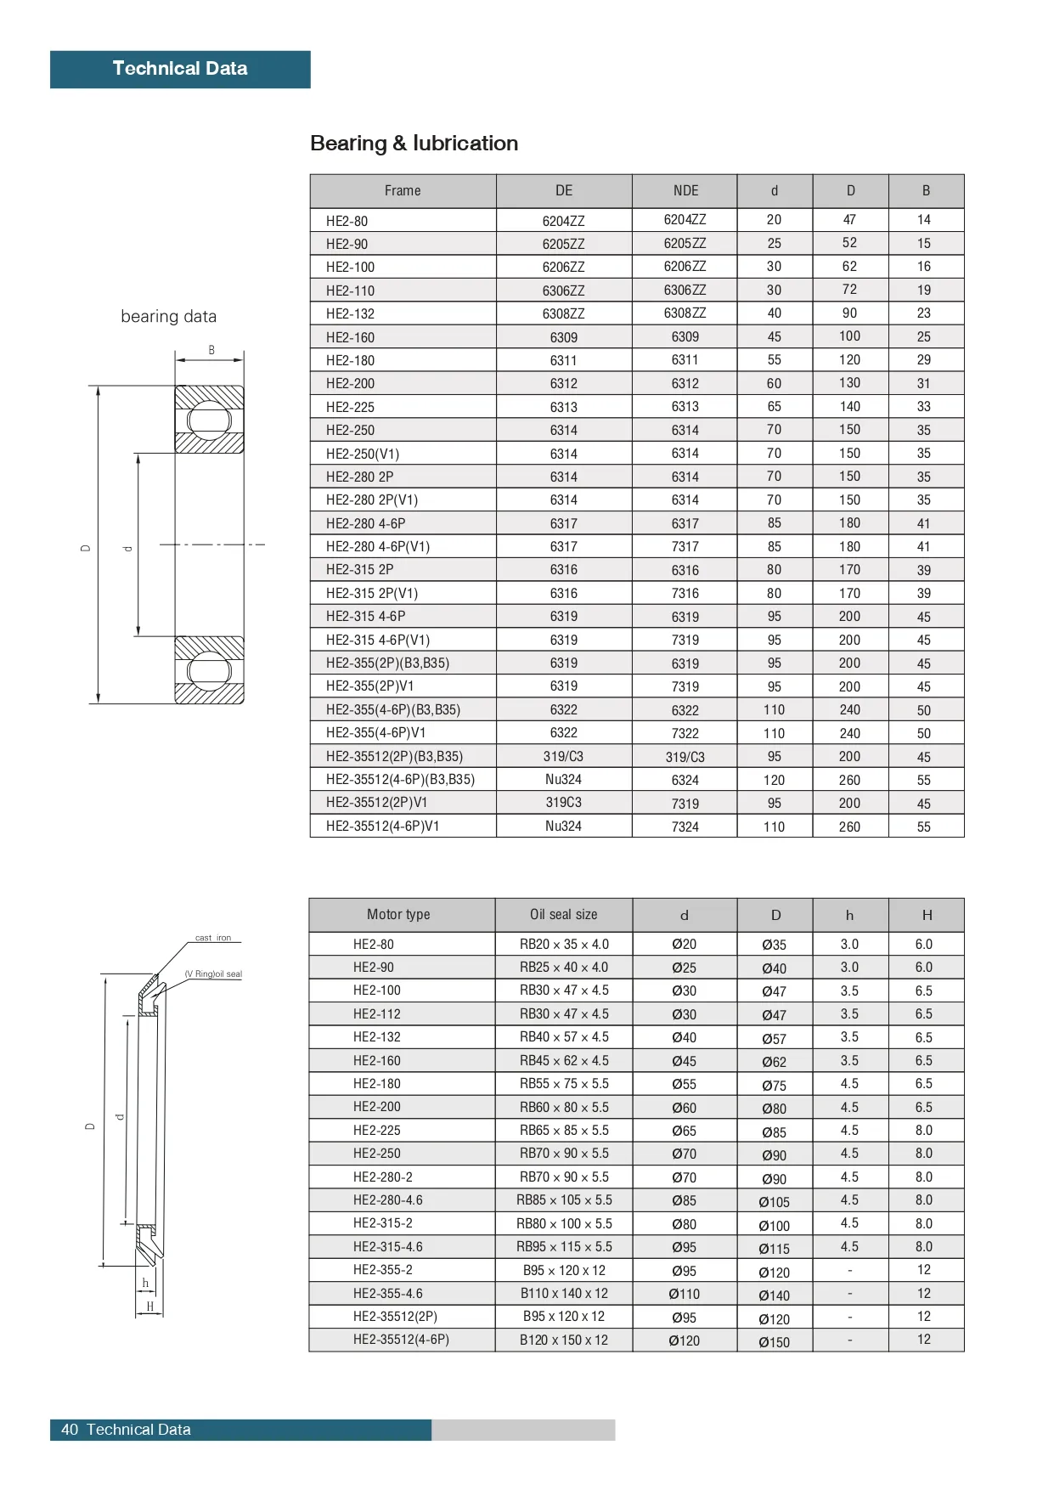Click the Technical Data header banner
coord(180,69)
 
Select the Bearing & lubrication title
coord(414,144)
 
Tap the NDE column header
coord(685,191)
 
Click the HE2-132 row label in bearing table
coord(350,313)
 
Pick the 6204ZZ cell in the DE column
coord(563,221)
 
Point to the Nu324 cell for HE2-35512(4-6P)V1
coord(563,826)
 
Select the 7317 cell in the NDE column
coord(685,547)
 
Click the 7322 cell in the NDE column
coord(685,733)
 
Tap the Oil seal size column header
coord(563,915)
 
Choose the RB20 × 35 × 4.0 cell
coord(564,944)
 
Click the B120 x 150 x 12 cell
coord(564,1340)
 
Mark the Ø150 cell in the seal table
coord(774,1342)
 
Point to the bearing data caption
coord(168,317)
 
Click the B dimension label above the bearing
coord(211,350)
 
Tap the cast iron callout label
coord(213,938)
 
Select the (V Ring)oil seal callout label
coord(213,974)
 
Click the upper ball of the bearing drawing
coord(209,420)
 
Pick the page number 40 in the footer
coord(70,1430)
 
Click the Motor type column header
coord(398,915)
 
